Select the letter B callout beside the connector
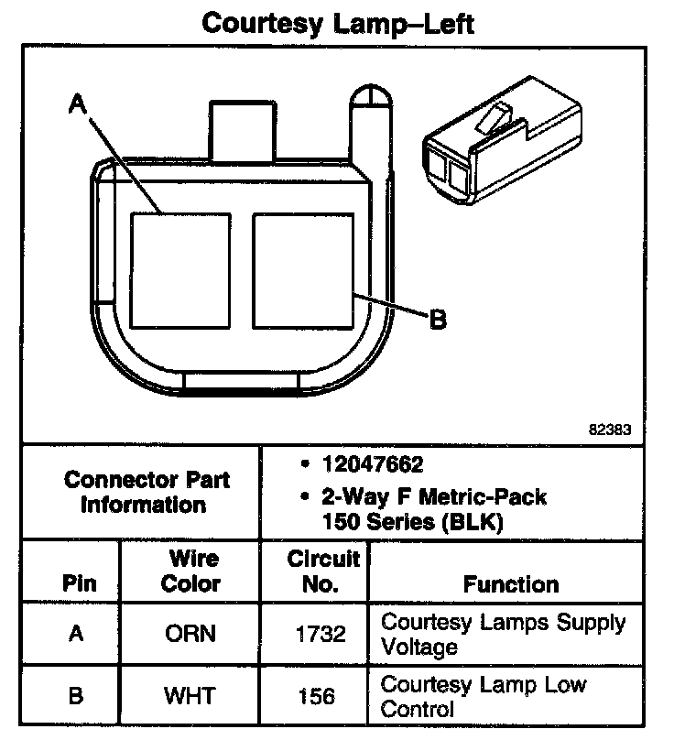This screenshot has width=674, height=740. coord(438,319)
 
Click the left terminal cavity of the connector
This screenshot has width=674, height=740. coord(179,270)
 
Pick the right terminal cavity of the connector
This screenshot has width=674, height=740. coord(302,270)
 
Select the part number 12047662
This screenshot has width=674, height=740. coord(372,464)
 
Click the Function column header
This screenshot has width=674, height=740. coord(511,583)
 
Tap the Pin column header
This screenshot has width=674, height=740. coord(78,583)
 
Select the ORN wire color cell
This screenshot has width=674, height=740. coord(190,634)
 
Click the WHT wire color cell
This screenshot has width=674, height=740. coord(190,696)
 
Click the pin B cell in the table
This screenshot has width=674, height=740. coord(77,696)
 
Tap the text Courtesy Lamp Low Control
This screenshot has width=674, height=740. coord(484,696)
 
